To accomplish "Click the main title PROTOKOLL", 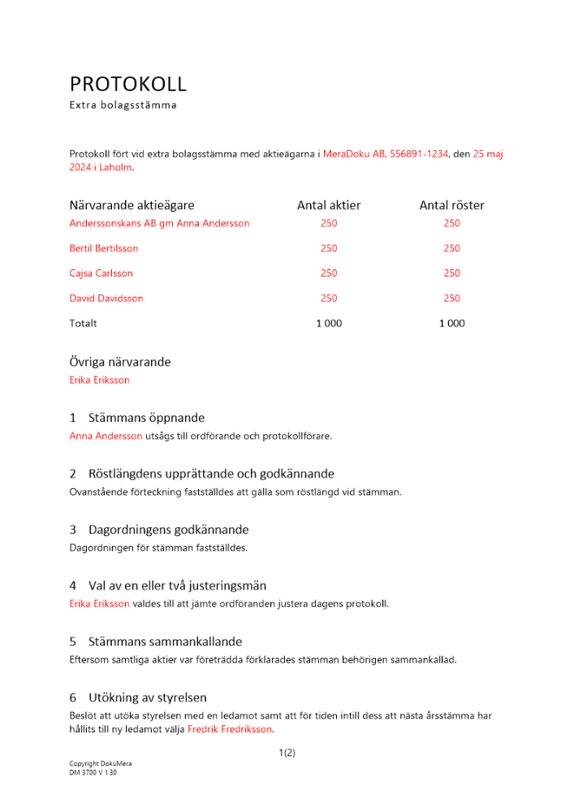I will click(x=127, y=84).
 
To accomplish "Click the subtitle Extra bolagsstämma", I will click(x=123, y=105).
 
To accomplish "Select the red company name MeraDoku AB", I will click(x=354, y=153).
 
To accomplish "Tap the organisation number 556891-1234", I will click(x=418, y=153).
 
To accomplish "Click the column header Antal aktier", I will click(x=329, y=205).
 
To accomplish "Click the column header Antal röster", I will click(x=451, y=205).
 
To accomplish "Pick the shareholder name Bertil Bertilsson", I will click(x=104, y=248).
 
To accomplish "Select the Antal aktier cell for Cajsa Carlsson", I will click(x=329, y=273).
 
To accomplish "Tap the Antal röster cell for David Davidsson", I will click(x=451, y=298).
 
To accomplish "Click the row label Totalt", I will click(x=83, y=324).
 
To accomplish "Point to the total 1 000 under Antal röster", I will click(x=451, y=324).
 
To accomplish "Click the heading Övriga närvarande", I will click(x=120, y=362).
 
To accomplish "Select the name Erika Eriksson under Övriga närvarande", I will click(x=99, y=380).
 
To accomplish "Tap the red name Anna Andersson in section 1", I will click(x=106, y=436).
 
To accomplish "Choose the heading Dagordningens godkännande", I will click(x=168, y=530).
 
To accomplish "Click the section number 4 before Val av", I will click(x=73, y=586).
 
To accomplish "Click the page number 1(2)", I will click(x=287, y=753).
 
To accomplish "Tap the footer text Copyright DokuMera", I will click(x=101, y=764).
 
